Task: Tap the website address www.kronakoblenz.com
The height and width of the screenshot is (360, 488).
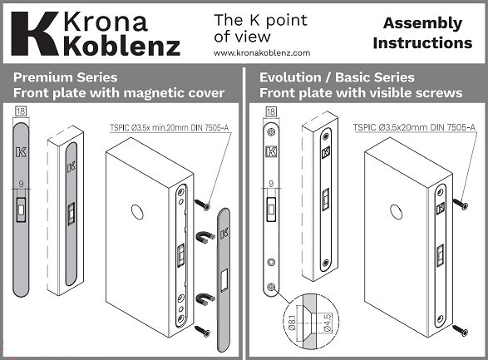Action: tap(256, 52)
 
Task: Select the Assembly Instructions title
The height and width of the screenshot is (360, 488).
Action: tap(422, 32)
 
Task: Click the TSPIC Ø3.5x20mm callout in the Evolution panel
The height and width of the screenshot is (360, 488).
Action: tap(413, 127)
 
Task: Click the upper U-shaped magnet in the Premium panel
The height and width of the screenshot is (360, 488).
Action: tap(202, 238)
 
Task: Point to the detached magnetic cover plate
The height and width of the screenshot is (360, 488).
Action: tap(224, 279)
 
